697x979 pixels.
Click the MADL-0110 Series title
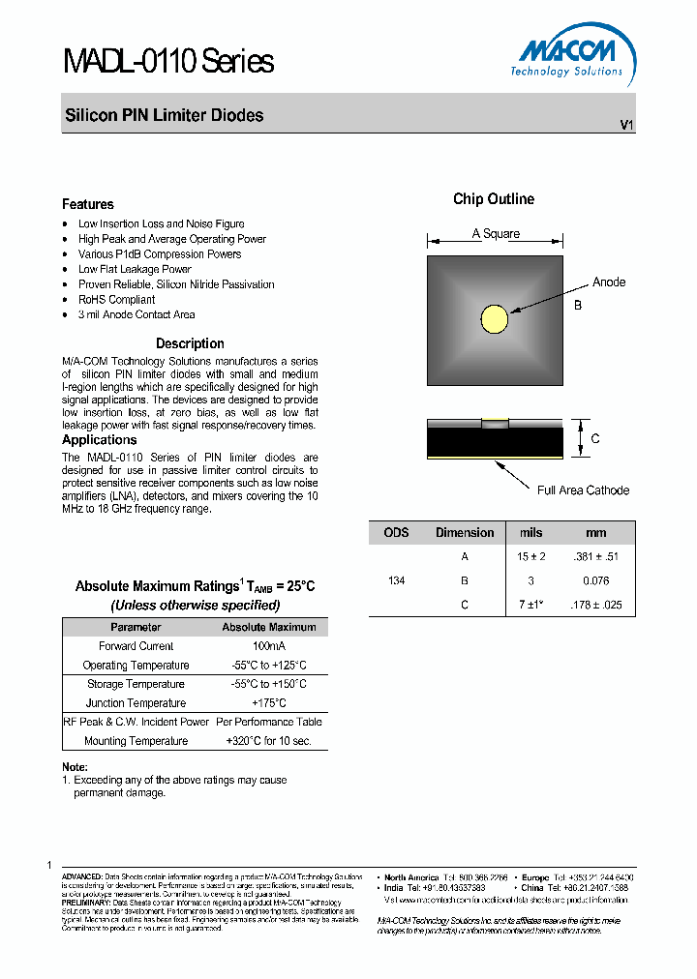coord(167,62)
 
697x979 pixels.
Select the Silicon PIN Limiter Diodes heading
coord(164,115)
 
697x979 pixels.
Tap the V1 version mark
coord(626,126)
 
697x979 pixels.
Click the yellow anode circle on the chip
coord(495,317)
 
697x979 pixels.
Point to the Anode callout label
coord(609,282)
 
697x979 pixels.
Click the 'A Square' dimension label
coord(496,234)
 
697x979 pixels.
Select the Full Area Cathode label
coord(583,490)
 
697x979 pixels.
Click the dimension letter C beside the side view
coord(595,439)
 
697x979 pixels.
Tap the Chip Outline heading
coord(494,199)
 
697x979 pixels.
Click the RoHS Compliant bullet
coord(116,300)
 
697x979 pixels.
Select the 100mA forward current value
coord(269,646)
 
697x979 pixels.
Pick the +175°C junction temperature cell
coord(268,703)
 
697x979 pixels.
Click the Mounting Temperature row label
coord(136,741)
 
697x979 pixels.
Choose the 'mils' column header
coord(531,533)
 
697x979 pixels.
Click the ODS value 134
coord(396,580)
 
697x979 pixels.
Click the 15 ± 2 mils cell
coord(531,556)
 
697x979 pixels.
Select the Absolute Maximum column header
coord(269,627)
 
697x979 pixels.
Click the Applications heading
coord(100,440)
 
